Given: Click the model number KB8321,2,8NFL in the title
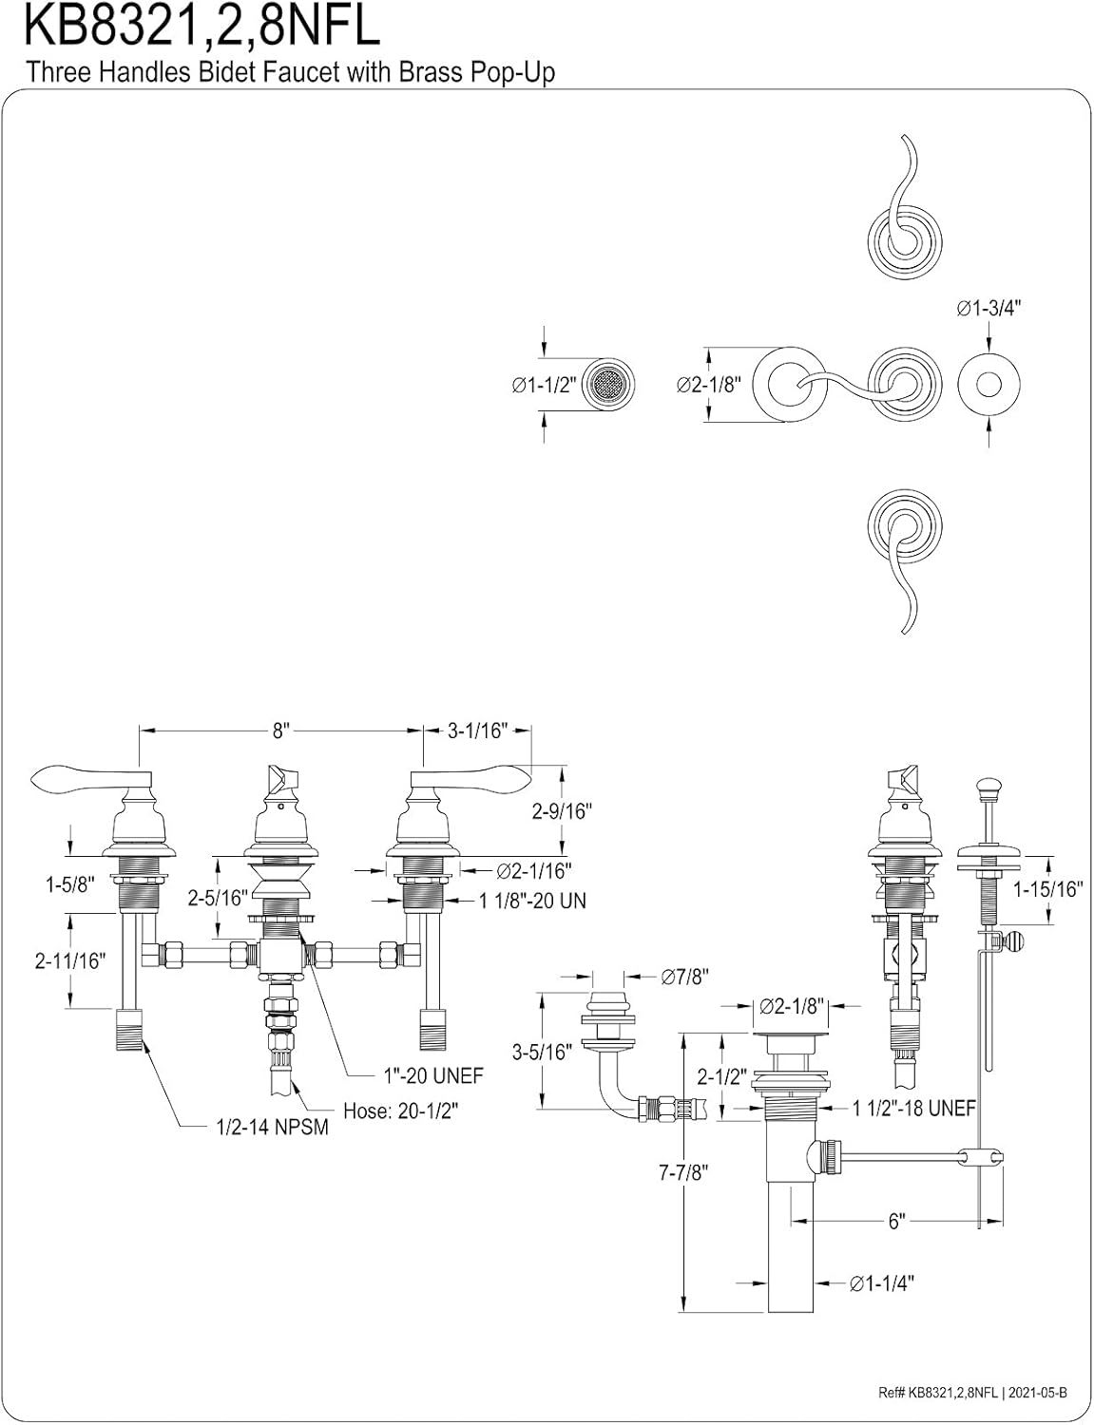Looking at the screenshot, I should [x=202, y=27].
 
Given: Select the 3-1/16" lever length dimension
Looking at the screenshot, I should [x=477, y=731].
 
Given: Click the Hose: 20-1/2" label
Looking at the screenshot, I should [x=406, y=1111].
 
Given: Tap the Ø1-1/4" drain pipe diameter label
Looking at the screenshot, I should [x=882, y=1283].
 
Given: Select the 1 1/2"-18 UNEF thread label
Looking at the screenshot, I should [x=913, y=1108].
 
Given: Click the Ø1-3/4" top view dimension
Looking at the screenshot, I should [x=988, y=308].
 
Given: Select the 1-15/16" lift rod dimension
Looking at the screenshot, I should [x=1048, y=890].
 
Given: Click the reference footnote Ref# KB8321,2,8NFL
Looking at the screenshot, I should [x=972, y=1393].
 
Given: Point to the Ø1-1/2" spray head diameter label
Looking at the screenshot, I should [x=540, y=386].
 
